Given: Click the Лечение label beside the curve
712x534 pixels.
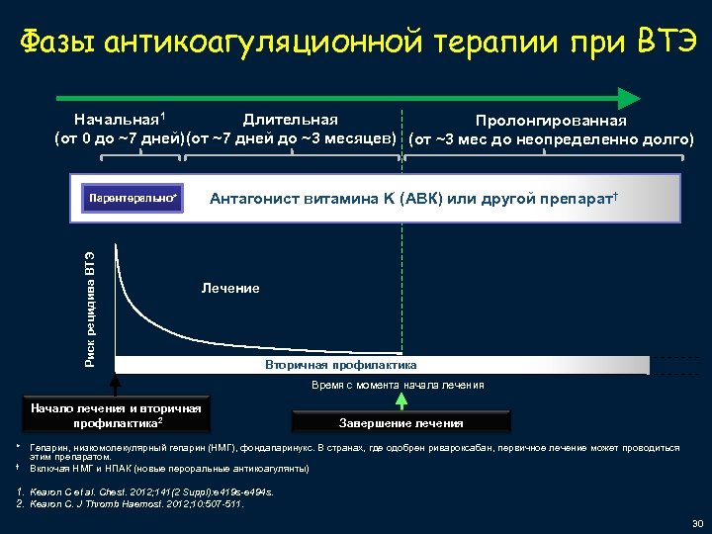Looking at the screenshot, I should coord(230,288).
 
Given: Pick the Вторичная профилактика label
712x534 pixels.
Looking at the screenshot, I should coord(340,365).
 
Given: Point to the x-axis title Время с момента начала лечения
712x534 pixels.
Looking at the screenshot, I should coord(399,385).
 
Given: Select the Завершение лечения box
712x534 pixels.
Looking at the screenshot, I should coord(400,423).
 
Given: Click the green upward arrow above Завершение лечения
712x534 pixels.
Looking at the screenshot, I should coord(401,399).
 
